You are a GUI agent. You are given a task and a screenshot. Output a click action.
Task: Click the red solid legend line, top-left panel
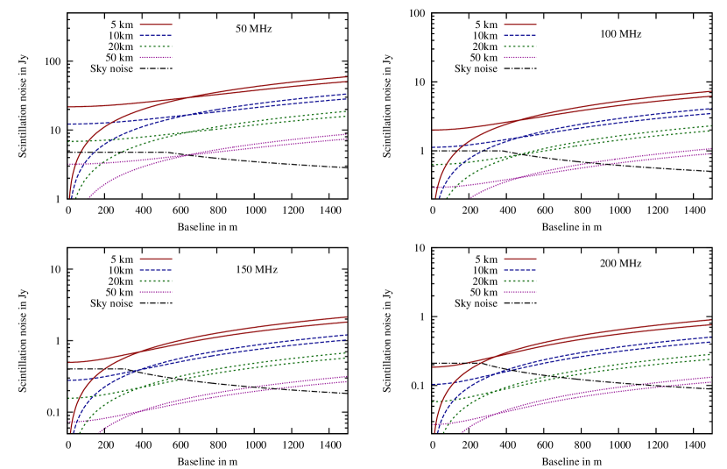click(156, 25)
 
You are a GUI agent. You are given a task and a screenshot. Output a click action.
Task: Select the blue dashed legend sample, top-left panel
click(156, 36)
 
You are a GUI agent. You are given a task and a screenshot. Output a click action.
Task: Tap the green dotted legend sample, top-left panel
click(156, 46)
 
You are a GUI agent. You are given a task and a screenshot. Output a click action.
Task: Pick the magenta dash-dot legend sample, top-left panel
click(156, 58)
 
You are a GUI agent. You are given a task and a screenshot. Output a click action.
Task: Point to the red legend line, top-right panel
click(520, 25)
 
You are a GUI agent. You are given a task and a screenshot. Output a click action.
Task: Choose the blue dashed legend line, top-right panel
click(520, 36)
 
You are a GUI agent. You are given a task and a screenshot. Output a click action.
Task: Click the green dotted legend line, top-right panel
click(520, 46)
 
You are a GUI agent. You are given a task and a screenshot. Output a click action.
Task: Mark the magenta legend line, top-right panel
click(520, 58)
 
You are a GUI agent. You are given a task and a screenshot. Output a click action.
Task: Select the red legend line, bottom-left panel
click(156, 259)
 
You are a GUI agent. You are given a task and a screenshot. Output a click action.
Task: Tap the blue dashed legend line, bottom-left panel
click(156, 270)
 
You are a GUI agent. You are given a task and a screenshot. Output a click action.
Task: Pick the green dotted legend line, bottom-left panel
click(156, 281)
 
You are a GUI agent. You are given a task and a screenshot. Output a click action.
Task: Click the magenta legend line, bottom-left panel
click(156, 292)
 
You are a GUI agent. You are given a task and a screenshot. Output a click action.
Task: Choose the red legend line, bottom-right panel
click(520, 259)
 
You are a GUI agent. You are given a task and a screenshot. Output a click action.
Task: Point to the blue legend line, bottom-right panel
click(520, 270)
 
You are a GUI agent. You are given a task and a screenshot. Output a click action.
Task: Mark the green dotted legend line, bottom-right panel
click(520, 281)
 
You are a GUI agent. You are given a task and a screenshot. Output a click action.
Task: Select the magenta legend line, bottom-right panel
click(520, 292)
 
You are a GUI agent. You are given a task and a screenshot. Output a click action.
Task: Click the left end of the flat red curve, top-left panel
click(69, 107)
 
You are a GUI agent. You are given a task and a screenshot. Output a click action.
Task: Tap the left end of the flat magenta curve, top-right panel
click(434, 188)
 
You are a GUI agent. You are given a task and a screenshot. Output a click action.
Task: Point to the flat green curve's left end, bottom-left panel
click(69, 398)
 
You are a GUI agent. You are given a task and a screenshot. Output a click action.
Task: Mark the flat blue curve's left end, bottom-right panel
click(434, 384)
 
